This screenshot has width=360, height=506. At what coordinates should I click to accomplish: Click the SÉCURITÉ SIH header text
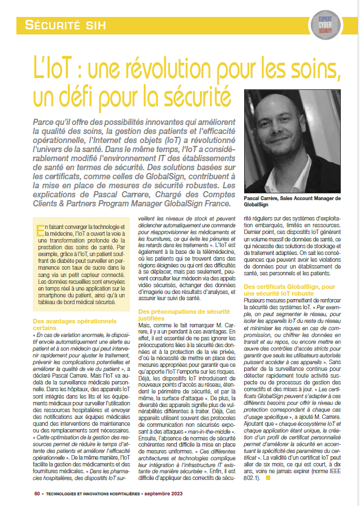(x=66, y=24)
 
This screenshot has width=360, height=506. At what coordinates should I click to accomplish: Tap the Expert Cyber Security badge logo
(x=325, y=24)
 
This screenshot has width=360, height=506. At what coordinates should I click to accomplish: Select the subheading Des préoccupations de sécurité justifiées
(x=180, y=314)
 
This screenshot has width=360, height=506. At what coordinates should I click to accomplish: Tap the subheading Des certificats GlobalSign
(x=289, y=287)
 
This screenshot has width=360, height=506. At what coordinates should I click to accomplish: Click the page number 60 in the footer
(x=36, y=493)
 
